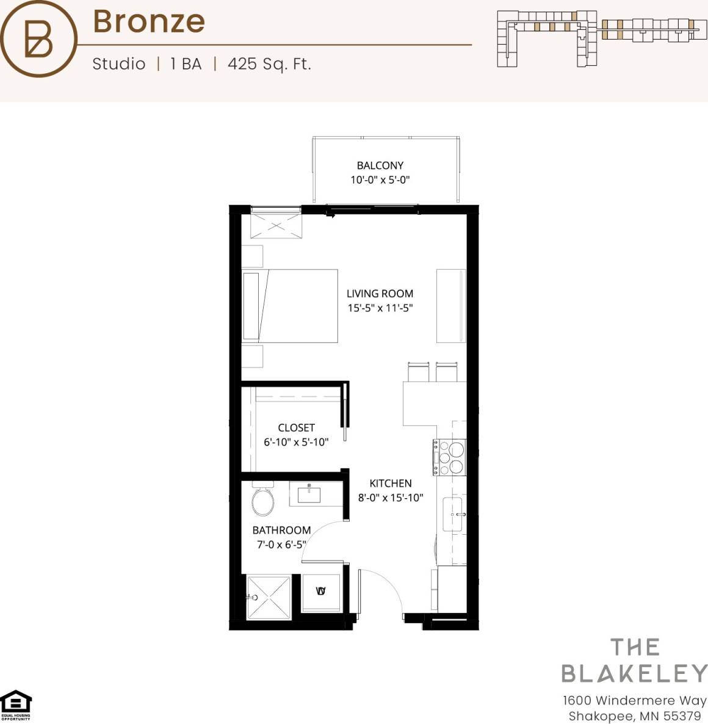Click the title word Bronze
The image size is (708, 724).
click(148, 21)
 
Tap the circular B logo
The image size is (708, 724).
click(38, 39)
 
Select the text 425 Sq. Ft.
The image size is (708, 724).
click(269, 64)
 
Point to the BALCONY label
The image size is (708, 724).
click(380, 165)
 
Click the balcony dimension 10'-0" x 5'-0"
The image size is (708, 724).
click(380, 180)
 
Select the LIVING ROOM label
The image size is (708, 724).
click(380, 294)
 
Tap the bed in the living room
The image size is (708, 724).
click(291, 306)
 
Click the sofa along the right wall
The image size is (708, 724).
click(451, 306)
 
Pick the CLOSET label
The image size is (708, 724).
click(296, 428)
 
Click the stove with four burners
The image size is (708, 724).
click(450, 457)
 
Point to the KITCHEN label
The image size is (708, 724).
click(390, 483)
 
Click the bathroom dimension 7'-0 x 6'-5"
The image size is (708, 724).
click(281, 545)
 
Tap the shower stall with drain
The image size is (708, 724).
click(269, 597)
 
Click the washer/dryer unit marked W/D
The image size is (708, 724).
click(321, 592)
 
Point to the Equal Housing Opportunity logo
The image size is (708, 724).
click(15, 704)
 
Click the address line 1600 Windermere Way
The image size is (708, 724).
click(634, 700)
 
